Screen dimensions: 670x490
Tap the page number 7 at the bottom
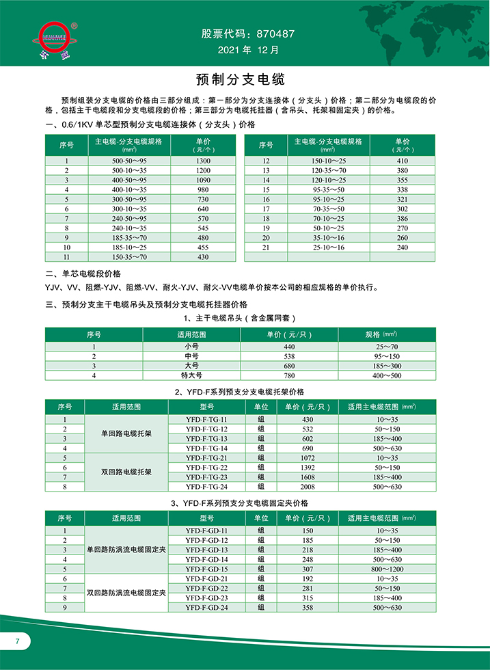[x=18, y=641]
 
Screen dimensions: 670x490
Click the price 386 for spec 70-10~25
[x=403, y=218]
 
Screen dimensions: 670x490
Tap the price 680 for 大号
[x=289, y=366]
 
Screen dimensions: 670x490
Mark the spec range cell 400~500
[x=386, y=375]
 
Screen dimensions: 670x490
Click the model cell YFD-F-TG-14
[x=206, y=447]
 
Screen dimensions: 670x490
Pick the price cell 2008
[x=308, y=486]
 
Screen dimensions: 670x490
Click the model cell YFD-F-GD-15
[x=206, y=569]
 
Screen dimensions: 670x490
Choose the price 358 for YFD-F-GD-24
[x=308, y=607]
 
